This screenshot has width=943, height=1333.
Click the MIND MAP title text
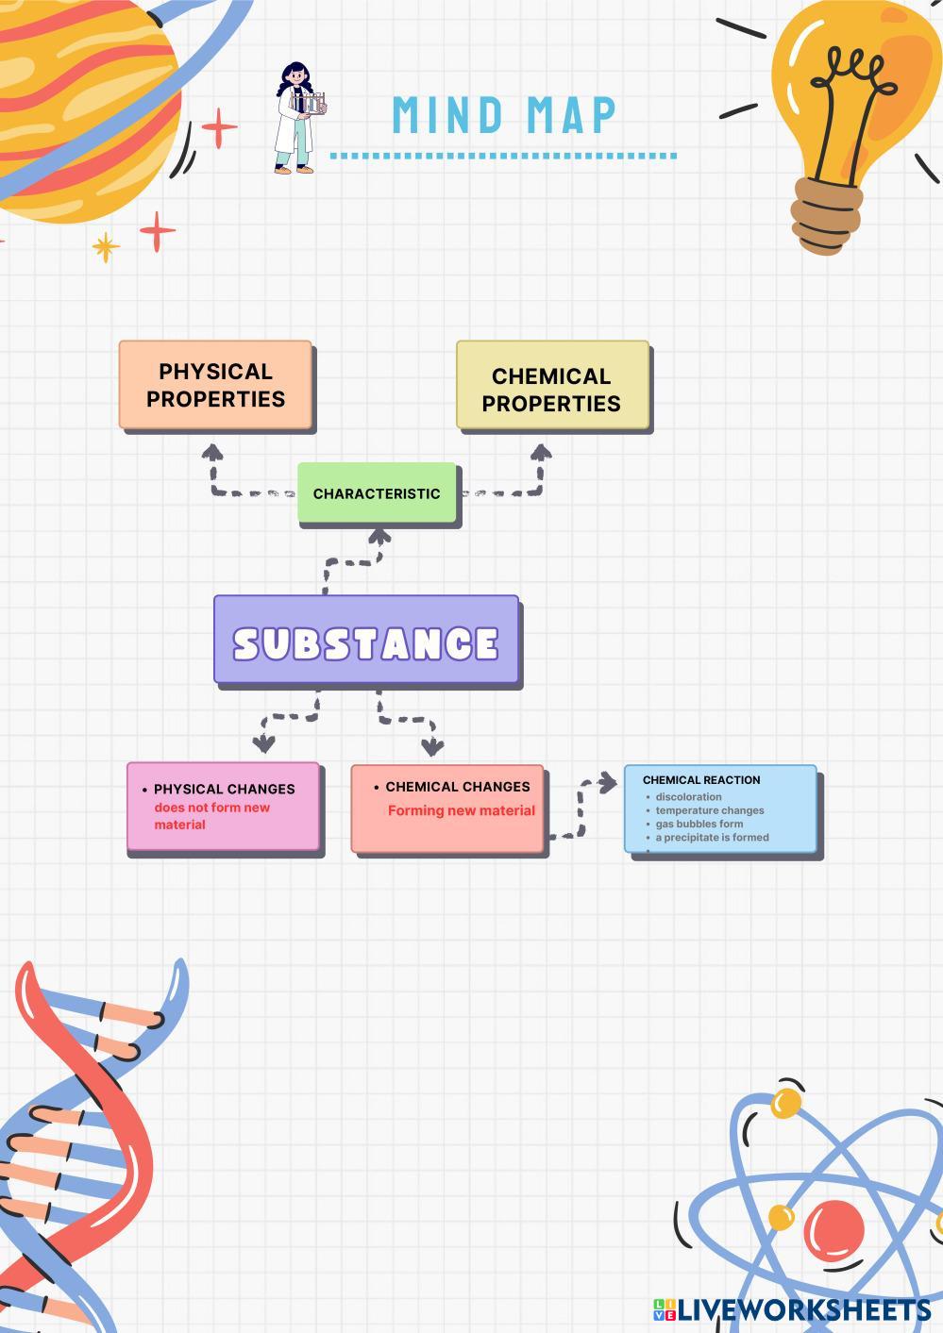click(504, 115)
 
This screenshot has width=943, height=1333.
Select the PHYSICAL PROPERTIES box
click(215, 385)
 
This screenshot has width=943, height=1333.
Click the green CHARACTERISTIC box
click(377, 493)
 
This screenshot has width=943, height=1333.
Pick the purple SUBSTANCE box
click(366, 641)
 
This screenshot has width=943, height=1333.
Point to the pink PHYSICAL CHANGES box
click(224, 807)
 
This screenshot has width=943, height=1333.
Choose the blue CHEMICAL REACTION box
click(720, 808)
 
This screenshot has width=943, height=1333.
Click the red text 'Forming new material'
click(461, 810)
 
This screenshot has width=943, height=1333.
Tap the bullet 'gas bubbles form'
click(699, 824)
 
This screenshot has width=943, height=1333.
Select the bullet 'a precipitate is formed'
click(712, 838)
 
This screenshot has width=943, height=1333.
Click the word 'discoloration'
click(688, 797)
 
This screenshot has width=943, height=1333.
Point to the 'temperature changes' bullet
click(709, 810)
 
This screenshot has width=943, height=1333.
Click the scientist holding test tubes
click(299, 118)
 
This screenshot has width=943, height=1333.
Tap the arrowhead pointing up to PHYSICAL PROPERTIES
click(213, 452)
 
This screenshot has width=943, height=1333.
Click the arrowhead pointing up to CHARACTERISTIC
click(379, 536)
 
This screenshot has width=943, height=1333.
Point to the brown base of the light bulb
click(825, 215)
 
